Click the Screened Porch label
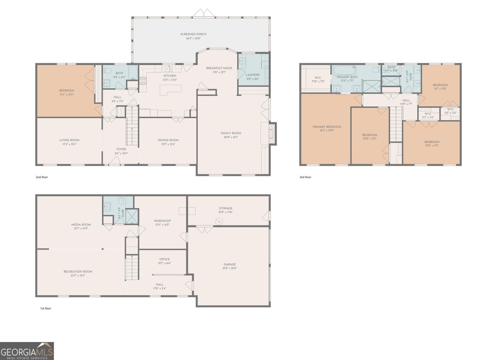pos(193,34)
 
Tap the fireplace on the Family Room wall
pos(272,133)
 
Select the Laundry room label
pos(253,75)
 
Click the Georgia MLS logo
pos(27,351)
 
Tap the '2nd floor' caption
pos(42,177)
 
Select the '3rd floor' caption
pos(305,177)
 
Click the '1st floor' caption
pos(45,308)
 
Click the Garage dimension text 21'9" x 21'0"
pos(230,268)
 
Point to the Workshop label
pos(162,221)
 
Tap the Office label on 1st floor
pos(164,259)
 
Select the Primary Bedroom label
pos(327,127)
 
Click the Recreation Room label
pos(78,271)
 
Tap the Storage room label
pos(226,208)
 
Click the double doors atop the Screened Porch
pos(203,13)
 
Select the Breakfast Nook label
pos(219,68)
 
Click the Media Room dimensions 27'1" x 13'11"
pos(81,229)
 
